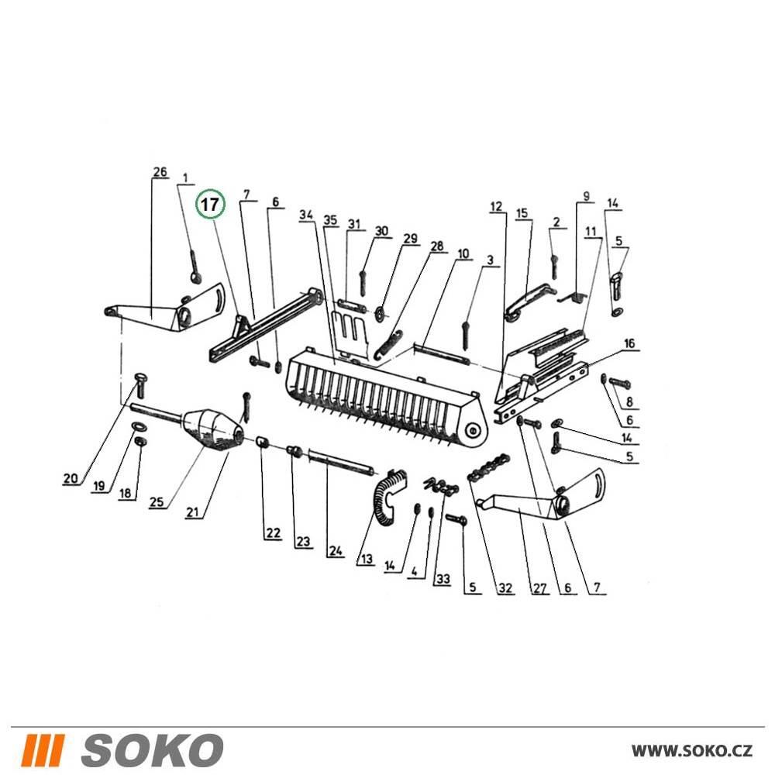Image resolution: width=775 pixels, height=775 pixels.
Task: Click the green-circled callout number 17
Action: click(210, 204)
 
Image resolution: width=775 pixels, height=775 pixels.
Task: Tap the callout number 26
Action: click(160, 172)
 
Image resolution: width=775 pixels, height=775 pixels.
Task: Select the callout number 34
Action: click(306, 215)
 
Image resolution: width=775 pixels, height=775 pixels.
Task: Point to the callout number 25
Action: click(157, 502)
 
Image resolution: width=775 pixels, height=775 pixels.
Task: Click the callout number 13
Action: click(367, 559)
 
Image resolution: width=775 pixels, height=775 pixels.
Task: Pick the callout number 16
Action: click(629, 343)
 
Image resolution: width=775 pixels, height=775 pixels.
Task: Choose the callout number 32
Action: click(505, 587)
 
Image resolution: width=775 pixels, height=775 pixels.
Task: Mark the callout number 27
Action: click(539, 587)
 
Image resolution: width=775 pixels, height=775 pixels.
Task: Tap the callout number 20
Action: click(71, 478)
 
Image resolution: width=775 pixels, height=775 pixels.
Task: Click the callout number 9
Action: click(587, 196)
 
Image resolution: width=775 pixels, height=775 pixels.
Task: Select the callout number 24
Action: click(335, 550)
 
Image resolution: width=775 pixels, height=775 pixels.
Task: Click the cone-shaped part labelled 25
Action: click(214, 429)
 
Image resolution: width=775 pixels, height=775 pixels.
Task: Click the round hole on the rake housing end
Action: click(474, 430)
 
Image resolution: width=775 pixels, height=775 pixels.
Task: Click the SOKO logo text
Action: click(152, 749)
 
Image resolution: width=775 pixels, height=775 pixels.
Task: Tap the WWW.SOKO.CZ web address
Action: click(692, 750)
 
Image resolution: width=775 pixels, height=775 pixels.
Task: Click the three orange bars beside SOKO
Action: click(45, 749)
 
